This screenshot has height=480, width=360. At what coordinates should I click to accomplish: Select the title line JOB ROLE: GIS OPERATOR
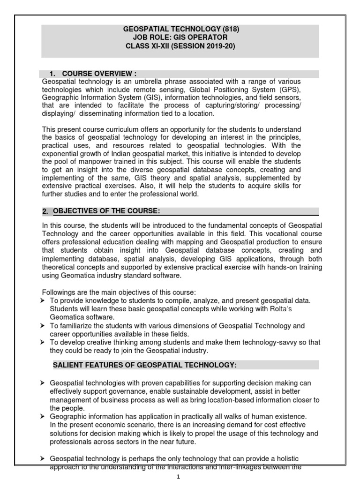click(x=180, y=37)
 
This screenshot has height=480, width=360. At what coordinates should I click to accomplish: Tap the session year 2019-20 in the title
click(x=217, y=46)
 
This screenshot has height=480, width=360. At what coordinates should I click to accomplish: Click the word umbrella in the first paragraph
click(x=134, y=82)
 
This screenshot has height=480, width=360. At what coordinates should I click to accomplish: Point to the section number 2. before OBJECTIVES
click(x=45, y=211)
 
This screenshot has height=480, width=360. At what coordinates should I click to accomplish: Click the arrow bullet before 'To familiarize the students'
click(x=43, y=326)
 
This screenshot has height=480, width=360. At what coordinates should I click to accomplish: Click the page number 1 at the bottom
click(x=178, y=476)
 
